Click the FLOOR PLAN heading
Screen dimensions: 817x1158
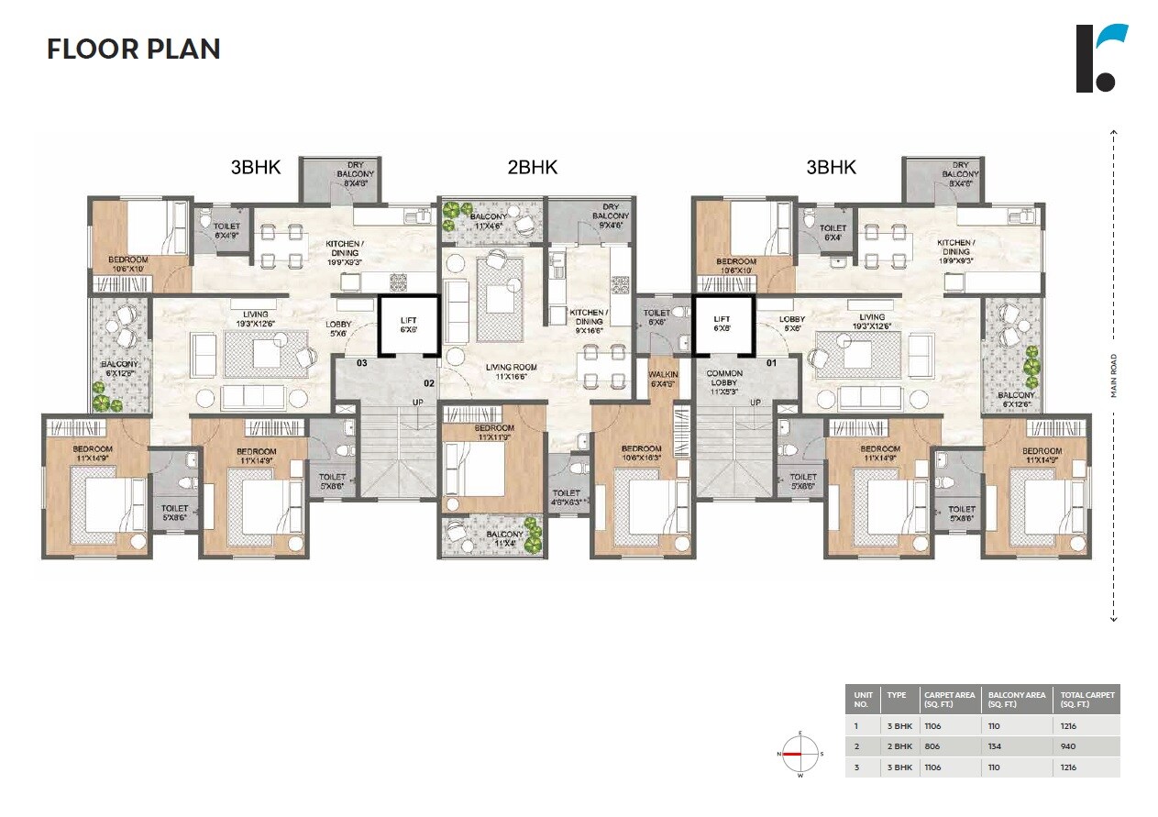pos(134,49)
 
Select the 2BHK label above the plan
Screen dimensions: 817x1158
pos(532,168)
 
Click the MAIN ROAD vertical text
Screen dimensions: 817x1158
pos(1114,375)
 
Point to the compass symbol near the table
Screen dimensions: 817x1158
pos(800,753)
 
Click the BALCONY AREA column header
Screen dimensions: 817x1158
pos(1017,700)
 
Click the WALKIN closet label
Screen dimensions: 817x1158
pos(662,379)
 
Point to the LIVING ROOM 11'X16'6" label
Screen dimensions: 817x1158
pos(511,371)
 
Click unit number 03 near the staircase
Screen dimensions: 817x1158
pos(361,363)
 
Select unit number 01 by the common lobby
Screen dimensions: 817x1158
pos(770,363)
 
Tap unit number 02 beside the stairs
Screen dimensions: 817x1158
pos(427,382)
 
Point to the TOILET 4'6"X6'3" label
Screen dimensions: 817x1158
pos(567,498)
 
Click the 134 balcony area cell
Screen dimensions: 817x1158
pos(995,746)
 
